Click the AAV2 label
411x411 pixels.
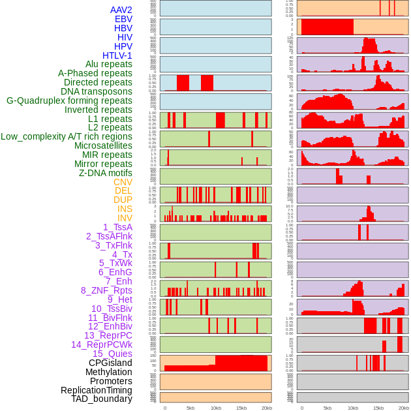pyautogui.click(x=121, y=10)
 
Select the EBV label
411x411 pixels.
pyautogui.click(x=123, y=20)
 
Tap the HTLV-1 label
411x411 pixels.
pyautogui.click(x=117, y=55)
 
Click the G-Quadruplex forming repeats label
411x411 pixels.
pyautogui.click(x=69, y=100)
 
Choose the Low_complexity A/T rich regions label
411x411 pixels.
pyautogui.click(x=66, y=136)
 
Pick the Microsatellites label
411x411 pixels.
pyautogui.click(x=103, y=145)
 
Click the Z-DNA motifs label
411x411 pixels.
pyautogui.click(x=105, y=173)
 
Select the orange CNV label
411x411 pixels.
pyautogui.click(x=123, y=182)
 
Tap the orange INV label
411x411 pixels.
pyautogui.click(x=125, y=218)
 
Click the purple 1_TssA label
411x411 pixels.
pyautogui.click(x=117, y=227)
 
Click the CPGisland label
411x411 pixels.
pyautogui.click(x=110, y=363)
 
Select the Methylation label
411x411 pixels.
pyautogui.click(x=108, y=372)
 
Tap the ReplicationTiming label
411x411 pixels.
pyautogui.click(x=96, y=390)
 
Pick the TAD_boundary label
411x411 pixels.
pyautogui.click(x=102, y=399)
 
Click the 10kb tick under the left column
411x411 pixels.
pyautogui.click(x=215, y=408)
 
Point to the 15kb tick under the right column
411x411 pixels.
pyautogui.click(x=378, y=408)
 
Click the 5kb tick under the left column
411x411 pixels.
pyautogui.click(x=190, y=408)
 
